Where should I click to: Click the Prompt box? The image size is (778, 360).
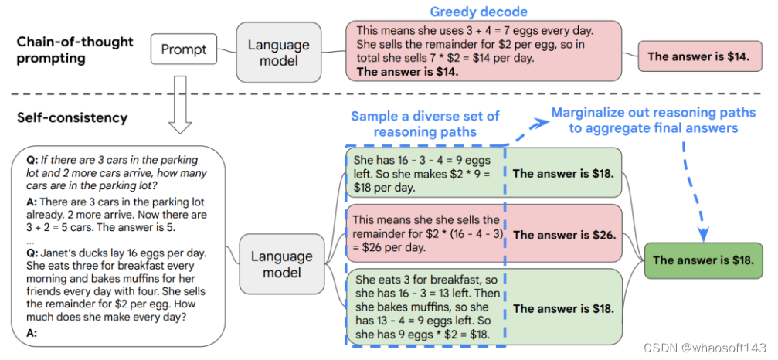coord(184,50)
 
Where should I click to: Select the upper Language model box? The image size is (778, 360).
coord(279,52)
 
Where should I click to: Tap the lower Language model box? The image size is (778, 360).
coord(282,264)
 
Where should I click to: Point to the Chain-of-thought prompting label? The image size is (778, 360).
coord(74,49)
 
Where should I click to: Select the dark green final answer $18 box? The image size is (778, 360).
coord(707,260)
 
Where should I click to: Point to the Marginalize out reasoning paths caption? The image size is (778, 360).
coord(653,120)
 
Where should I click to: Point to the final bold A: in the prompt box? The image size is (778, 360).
coord(32,333)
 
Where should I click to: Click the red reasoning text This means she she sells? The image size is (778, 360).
coord(425,234)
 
